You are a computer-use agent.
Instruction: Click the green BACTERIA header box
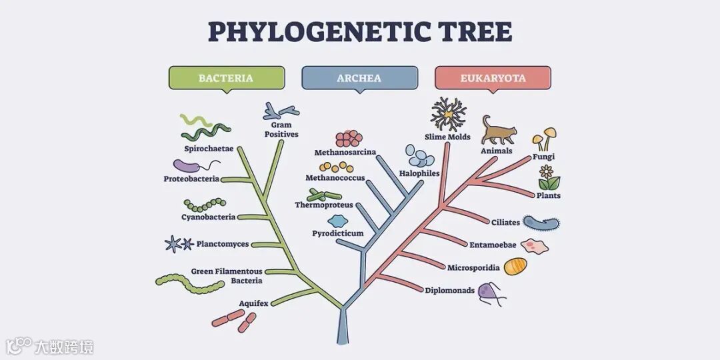(x=226, y=78)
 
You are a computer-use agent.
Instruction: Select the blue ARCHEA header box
(x=359, y=78)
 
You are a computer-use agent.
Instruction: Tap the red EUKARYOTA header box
(x=493, y=78)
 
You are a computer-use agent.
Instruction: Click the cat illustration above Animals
(x=498, y=131)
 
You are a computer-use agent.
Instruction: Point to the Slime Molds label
(x=447, y=137)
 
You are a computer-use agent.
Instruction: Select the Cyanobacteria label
(x=208, y=217)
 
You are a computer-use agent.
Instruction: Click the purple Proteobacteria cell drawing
(x=189, y=166)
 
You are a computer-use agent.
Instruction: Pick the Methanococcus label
(x=335, y=178)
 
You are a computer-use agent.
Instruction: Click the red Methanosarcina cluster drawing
(x=349, y=139)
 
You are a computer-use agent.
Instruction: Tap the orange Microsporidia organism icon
(x=515, y=267)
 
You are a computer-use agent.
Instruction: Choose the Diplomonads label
(x=450, y=290)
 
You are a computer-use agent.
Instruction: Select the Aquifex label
(x=254, y=303)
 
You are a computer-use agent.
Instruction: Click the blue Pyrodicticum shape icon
(x=337, y=221)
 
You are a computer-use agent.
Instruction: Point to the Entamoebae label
(x=493, y=245)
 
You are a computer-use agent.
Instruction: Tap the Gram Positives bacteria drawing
(x=280, y=111)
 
